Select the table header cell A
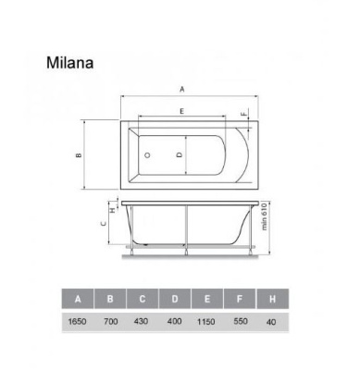point(78,298)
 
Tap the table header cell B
point(111,298)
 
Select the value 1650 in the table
point(78,320)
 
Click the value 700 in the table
point(111,320)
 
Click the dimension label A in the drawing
point(182,89)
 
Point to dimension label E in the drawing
point(182,112)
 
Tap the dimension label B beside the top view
point(80,154)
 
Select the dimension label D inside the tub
point(178,154)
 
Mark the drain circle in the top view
point(147,154)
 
